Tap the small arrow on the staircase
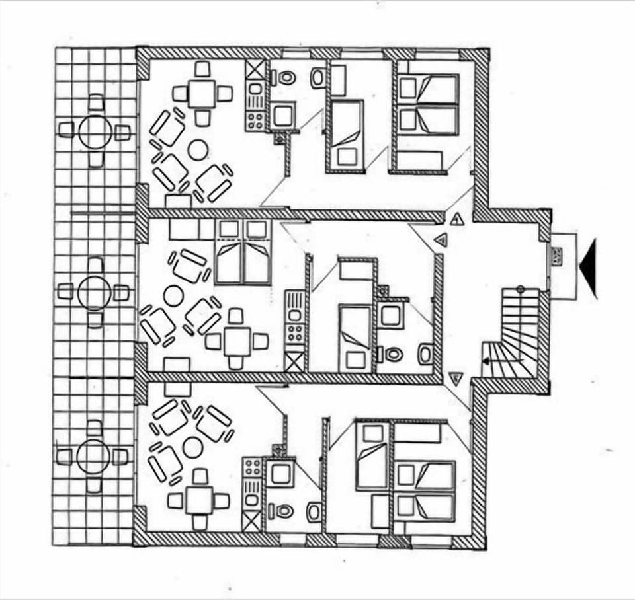pos(486,361)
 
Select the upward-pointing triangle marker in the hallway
pos(456,219)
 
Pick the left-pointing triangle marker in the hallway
pos(441,241)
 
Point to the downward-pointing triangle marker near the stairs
pos(455,378)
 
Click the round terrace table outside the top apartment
pos(95,131)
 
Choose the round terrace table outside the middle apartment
pos(94,292)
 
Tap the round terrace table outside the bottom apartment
pos(93,457)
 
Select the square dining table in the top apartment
pos(202,94)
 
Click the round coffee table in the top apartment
pos(198,150)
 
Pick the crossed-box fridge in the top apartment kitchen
pos(255,70)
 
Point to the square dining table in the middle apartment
pos(236,341)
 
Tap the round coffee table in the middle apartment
pos(173,295)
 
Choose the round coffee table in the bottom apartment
pos(192,448)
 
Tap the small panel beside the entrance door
pos(558,256)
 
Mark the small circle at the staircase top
pos(520,289)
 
